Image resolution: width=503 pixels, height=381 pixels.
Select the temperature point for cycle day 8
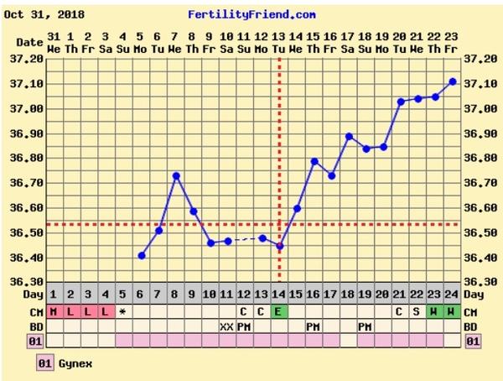pos(176,175)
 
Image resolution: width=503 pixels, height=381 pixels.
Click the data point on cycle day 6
pos(142,255)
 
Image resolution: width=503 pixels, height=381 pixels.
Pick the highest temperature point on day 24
pos(453,81)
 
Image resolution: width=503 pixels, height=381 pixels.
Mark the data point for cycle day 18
pos(349,136)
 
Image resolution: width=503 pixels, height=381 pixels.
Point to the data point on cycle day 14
pos(280,246)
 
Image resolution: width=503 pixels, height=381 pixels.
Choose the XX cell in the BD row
pos(226,326)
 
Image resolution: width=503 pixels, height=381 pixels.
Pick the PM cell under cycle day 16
pos(314,326)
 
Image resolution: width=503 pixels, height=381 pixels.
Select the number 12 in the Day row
pos(244,295)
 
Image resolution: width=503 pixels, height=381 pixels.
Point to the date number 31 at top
pos(54,37)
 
